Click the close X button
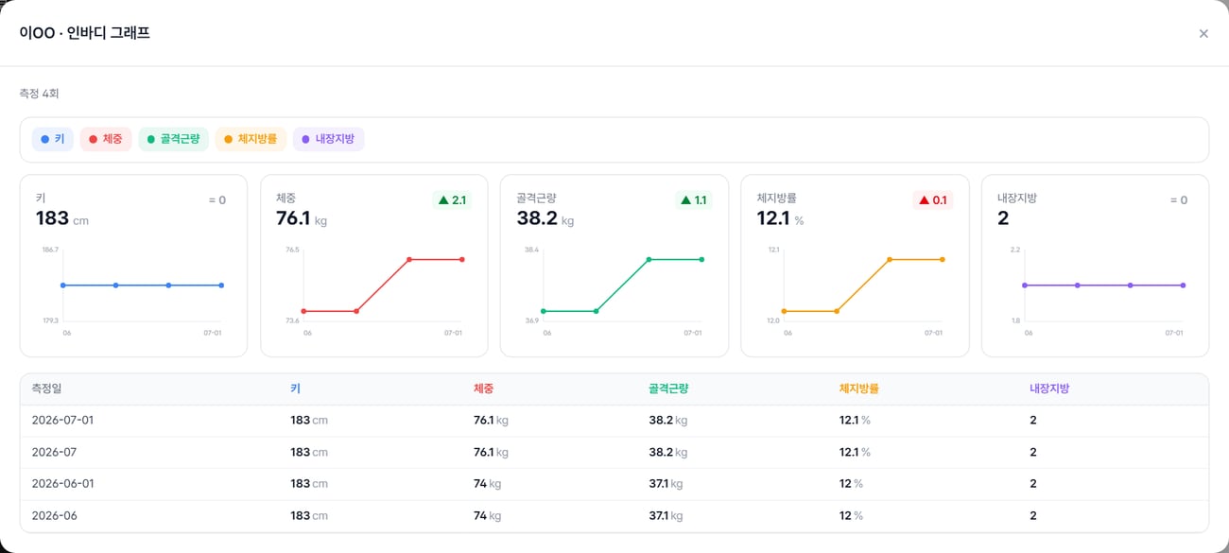(1203, 33)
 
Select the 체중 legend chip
(106, 139)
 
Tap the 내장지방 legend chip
(328, 139)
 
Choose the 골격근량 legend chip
(173, 139)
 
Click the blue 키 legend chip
(53, 139)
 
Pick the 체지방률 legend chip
(251, 139)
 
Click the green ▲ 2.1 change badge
(452, 200)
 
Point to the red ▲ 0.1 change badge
(933, 200)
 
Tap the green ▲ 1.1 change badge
(693, 200)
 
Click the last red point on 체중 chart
(462, 260)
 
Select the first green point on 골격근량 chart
(544, 311)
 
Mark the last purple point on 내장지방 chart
(1183, 285)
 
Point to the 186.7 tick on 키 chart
(50, 250)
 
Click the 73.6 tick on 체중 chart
(292, 320)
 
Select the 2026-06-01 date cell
(62, 483)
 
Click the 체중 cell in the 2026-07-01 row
(491, 421)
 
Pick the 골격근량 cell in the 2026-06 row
(666, 516)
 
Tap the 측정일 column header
(46, 389)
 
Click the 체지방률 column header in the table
(858, 389)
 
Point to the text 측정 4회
(39, 94)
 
